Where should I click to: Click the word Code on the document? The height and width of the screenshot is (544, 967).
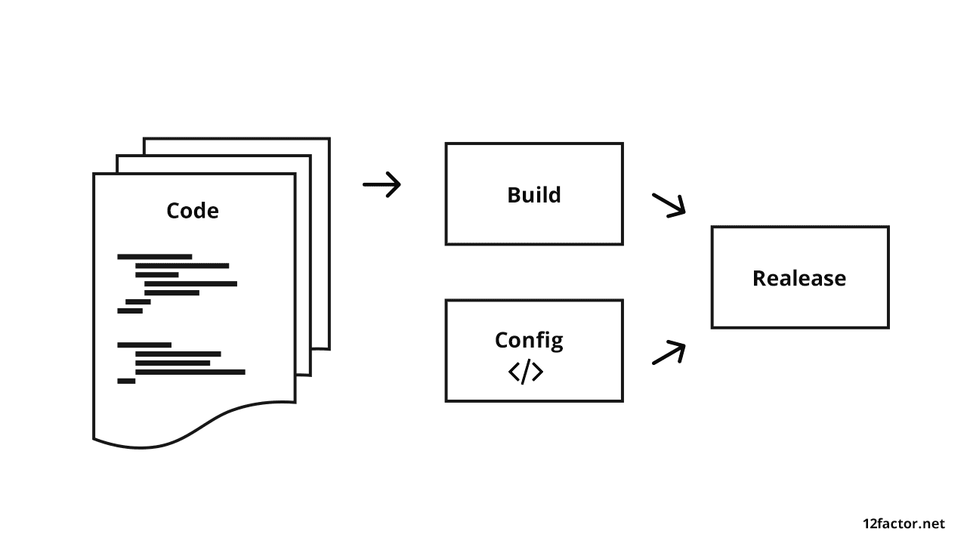click(193, 210)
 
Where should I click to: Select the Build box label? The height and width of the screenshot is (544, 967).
click(534, 195)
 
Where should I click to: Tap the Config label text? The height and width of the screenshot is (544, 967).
click(529, 340)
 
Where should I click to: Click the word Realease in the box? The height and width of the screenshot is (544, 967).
click(799, 278)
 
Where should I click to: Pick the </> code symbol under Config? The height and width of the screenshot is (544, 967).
click(526, 372)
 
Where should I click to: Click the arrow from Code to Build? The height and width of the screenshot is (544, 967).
click(382, 184)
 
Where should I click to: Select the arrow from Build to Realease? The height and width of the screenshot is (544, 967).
click(669, 205)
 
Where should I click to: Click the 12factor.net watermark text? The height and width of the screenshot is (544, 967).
click(904, 524)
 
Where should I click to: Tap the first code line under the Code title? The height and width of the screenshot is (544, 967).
click(155, 257)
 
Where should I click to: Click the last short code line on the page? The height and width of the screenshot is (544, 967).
click(126, 381)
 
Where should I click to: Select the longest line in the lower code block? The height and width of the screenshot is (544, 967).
click(190, 372)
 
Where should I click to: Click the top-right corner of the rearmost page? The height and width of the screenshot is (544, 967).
click(329, 139)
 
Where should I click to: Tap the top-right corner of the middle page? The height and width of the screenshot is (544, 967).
click(310, 156)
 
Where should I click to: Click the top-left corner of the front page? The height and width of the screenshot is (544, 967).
click(94, 175)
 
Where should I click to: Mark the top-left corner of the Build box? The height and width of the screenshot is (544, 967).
click(446, 144)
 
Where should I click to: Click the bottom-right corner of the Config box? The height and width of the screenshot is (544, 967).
click(622, 400)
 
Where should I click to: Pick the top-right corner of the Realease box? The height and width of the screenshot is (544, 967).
click(888, 227)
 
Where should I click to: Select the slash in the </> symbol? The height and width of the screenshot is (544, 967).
click(526, 372)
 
